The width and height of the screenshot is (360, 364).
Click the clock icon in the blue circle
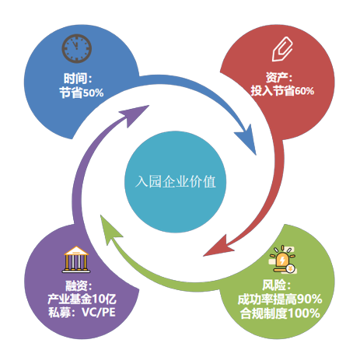77,48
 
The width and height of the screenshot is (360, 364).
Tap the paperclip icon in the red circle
282,49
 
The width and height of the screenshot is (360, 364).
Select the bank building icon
76,259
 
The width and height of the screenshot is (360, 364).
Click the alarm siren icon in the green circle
283,260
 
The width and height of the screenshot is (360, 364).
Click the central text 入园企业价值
176,181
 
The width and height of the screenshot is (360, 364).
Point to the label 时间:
78,79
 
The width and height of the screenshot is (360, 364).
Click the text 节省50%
82,93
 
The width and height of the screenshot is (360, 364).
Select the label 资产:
279,77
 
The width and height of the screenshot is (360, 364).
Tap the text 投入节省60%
282,91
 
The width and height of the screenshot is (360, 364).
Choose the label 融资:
79,286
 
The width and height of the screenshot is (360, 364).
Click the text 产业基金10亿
82,299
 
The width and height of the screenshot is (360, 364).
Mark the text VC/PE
99,312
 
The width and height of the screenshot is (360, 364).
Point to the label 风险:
276,285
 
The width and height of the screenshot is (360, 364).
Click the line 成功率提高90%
280,299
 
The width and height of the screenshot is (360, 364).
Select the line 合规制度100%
280,313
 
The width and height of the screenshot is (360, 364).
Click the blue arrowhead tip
256,155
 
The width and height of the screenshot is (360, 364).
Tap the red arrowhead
218,247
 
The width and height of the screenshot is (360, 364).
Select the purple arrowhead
135,115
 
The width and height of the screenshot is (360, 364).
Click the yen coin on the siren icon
291,268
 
